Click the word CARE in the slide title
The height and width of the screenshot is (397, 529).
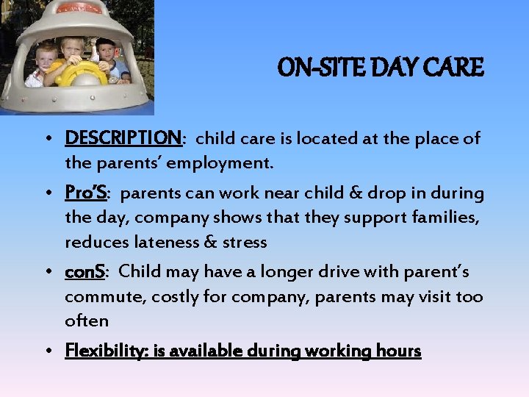458,68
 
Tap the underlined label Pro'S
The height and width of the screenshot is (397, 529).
86,193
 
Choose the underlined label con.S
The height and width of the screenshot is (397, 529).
85,272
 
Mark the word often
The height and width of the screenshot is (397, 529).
86,321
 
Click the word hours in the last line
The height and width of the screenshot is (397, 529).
397,351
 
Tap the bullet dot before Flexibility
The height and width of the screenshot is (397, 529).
56,351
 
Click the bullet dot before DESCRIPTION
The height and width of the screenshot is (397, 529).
56,139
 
